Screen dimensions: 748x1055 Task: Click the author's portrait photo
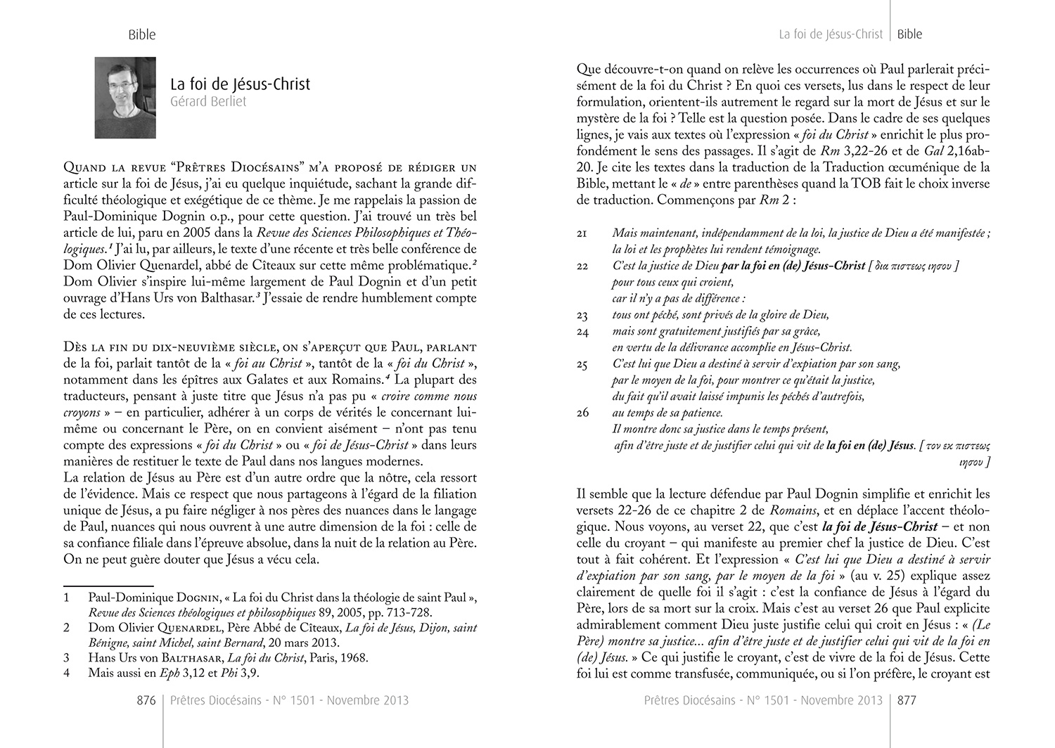coord(125,98)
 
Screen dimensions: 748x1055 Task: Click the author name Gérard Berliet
coord(208,101)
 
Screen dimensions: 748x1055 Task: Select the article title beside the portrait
coord(240,84)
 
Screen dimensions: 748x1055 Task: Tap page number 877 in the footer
coord(907,700)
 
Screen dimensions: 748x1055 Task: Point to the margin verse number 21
coord(582,233)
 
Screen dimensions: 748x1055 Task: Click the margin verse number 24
coord(582,331)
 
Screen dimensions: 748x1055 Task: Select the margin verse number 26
coord(582,413)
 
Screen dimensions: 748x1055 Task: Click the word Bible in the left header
coord(142,34)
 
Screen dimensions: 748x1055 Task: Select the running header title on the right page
coord(831,34)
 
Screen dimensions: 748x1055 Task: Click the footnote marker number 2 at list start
coord(67,628)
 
